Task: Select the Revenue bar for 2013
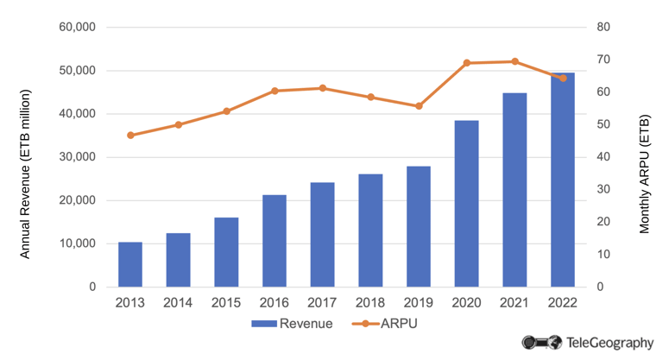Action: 130,264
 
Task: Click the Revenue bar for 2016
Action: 275,241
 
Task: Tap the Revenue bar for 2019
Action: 419,226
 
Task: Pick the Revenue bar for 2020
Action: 467,204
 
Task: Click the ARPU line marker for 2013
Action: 130,136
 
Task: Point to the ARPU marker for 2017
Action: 323,88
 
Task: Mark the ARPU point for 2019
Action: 419,106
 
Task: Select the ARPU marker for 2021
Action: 515,61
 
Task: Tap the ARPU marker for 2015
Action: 226,111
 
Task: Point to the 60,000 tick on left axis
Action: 77,28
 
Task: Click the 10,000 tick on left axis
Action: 77,243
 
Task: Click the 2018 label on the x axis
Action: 370,304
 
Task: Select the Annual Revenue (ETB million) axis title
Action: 25,161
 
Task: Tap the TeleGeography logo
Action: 588,343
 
